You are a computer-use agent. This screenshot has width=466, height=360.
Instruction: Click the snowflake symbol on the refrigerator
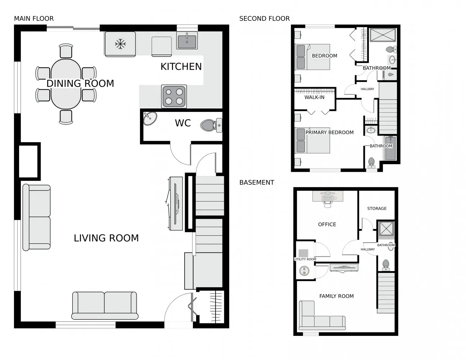(x=120, y=44)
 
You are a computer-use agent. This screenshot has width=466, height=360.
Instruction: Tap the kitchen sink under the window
(x=187, y=40)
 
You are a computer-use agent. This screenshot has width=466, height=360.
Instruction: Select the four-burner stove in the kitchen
(x=174, y=96)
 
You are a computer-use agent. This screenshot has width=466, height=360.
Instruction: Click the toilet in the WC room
(x=211, y=126)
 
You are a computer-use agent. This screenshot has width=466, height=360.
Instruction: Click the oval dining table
(x=66, y=84)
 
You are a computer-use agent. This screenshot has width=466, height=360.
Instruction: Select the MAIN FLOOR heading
(x=34, y=18)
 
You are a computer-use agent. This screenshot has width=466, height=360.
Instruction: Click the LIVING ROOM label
(x=106, y=238)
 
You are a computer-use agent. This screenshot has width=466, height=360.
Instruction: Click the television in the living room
(x=176, y=204)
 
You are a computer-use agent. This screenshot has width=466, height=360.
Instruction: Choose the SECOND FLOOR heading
(x=264, y=18)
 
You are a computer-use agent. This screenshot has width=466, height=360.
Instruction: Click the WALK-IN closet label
(x=314, y=97)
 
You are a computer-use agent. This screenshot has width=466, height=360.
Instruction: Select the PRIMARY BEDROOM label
(x=329, y=132)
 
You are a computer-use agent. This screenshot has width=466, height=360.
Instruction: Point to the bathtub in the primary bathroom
(x=390, y=148)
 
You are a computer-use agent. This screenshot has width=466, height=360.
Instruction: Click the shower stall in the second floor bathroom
(x=383, y=35)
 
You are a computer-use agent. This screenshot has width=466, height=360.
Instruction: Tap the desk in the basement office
(x=327, y=197)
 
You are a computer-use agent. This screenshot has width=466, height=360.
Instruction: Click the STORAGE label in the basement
(x=377, y=208)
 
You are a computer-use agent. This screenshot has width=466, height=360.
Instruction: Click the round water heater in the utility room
(x=304, y=271)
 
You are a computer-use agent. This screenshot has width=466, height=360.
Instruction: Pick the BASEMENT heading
(x=257, y=183)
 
